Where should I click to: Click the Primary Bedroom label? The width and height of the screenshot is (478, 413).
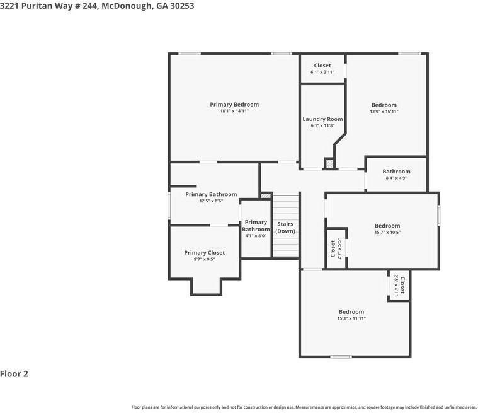pos(234,105)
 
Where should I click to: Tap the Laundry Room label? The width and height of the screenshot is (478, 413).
pos(322,119)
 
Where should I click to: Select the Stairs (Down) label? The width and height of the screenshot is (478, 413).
pos(285,228)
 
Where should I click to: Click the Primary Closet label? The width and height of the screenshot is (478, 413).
pos(204,253)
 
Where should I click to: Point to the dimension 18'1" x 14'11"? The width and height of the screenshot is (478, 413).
pos(234,112)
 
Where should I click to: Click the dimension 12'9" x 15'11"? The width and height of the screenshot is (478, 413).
pos(384,112)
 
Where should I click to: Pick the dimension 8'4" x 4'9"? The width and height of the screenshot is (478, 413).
pos(396,178)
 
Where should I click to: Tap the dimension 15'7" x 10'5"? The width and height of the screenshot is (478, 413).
pos(387,233)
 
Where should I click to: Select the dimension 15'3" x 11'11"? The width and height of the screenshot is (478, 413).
pos(351,318)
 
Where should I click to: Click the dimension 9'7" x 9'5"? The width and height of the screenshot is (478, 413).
pos(204,259)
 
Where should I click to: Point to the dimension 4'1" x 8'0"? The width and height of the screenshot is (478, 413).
pos(256,236)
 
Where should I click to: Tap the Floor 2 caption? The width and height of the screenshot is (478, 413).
pos(14,374)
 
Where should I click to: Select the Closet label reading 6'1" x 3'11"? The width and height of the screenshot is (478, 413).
pos(322,66)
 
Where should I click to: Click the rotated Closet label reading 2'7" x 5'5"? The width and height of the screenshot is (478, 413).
pos(333,248)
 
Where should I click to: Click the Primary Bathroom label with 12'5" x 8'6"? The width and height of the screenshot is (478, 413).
pos(211,194)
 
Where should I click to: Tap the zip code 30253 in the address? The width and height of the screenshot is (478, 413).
pos(180,6)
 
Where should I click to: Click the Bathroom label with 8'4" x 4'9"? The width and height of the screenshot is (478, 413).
pos(396,172)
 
